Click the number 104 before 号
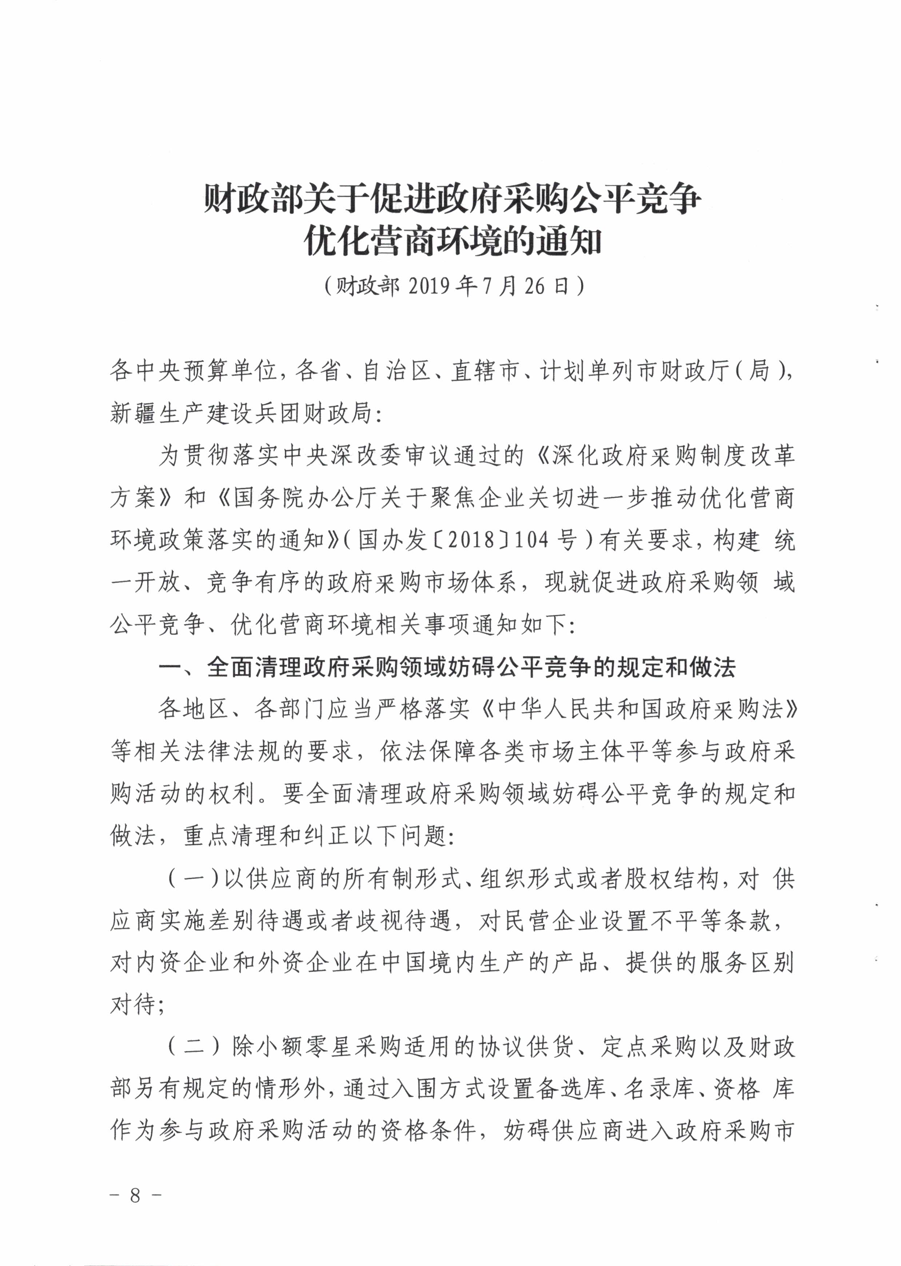point(534,541)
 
